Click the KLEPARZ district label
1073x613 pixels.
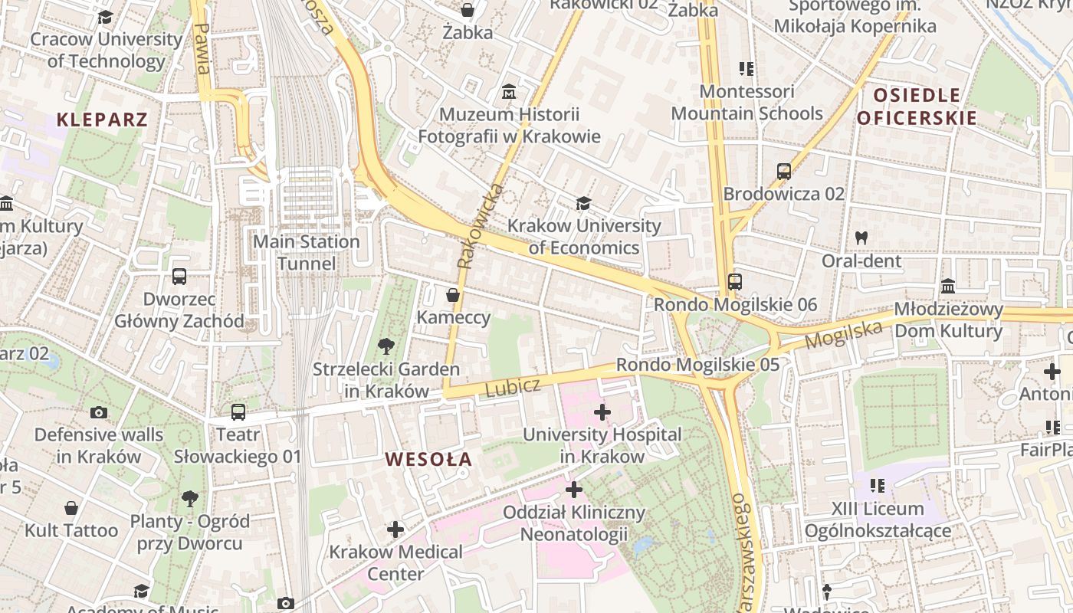pos(102,120)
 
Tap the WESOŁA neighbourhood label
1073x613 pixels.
pos(428,460)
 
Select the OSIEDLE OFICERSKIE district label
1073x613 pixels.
pos(917,107)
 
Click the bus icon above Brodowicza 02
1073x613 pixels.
pos(783,172)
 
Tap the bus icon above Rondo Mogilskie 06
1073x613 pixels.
pos(735,282)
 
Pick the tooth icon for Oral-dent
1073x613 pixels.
pos(861,238)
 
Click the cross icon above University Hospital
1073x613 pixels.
pos(602,412)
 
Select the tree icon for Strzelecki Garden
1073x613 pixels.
pos(386,346)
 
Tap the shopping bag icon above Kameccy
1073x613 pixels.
pos(453,295)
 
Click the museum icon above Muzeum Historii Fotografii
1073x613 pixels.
pos(508,93)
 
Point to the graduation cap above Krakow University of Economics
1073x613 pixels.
pos(584,203)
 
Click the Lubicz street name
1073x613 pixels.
pos(513,387)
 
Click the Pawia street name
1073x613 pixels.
pos(202,48)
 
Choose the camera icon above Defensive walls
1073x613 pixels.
pos(98,413)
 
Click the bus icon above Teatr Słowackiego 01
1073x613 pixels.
pos(238,412)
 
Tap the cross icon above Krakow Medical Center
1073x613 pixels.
pos(395,529)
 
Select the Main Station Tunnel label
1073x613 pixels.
pos(307,253)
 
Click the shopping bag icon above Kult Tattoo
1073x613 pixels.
pos(71,508)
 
